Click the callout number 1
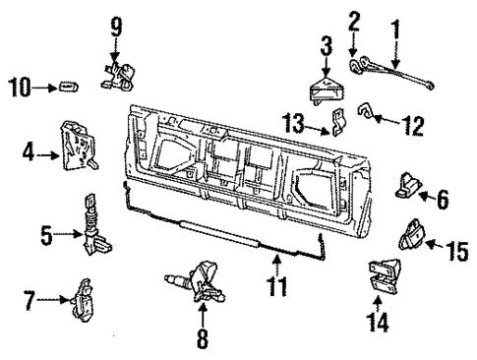tap(396, 16)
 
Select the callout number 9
tap(117, 24)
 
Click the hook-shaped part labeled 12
tap(365, 119)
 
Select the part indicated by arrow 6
tap(410, 184)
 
